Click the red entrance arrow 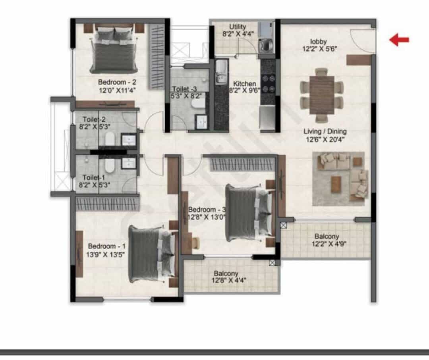tap(399, 40)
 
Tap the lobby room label tap(319, 42)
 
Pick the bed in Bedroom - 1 tap(152, 254)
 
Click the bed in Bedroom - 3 tap(249, 213)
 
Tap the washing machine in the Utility tap(265, 46)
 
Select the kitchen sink tap(221, 72)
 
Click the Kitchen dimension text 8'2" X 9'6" tap(244, 90)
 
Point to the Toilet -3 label tap(184, 89)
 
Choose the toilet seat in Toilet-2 tap(110, 139)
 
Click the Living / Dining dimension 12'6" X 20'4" tap(325, 140)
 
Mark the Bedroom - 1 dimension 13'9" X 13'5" tap(106, 254)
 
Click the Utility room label tap(238, 27)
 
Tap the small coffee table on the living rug tap(336, 184)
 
